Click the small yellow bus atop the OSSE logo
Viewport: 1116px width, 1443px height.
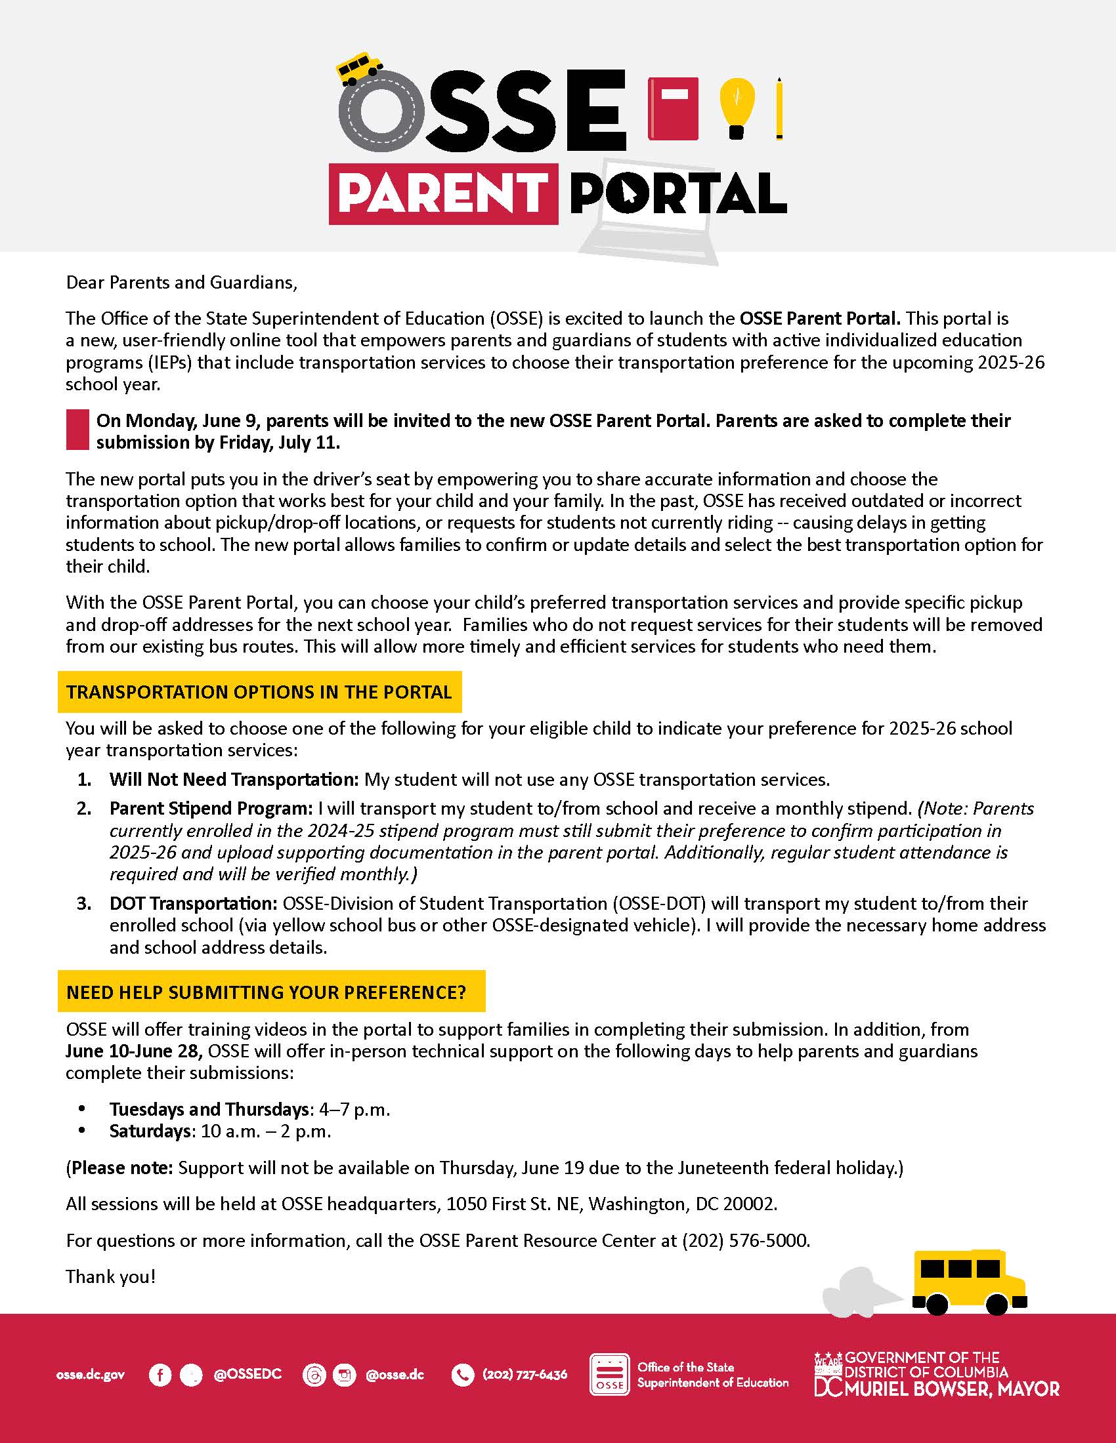click(360, 68)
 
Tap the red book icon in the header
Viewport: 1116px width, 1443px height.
click(673, 109)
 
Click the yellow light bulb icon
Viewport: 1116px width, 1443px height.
click(737, 106)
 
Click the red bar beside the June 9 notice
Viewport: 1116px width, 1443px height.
click(77, 430)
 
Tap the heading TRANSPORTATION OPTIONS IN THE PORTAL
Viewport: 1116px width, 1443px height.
click(259, 692)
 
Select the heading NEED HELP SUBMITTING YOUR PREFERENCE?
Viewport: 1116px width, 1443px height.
click(267, 992)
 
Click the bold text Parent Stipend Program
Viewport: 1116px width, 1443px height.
click(211, 808)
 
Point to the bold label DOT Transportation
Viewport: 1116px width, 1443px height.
click(194, 903)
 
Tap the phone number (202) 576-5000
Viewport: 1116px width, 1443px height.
click(745, 1240)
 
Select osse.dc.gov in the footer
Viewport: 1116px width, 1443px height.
click(91, 1375)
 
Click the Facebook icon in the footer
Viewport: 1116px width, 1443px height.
click(160, 1375)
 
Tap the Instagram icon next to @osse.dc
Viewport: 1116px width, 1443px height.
click(344, 1375)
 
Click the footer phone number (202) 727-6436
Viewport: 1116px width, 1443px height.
click(525, 1375)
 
